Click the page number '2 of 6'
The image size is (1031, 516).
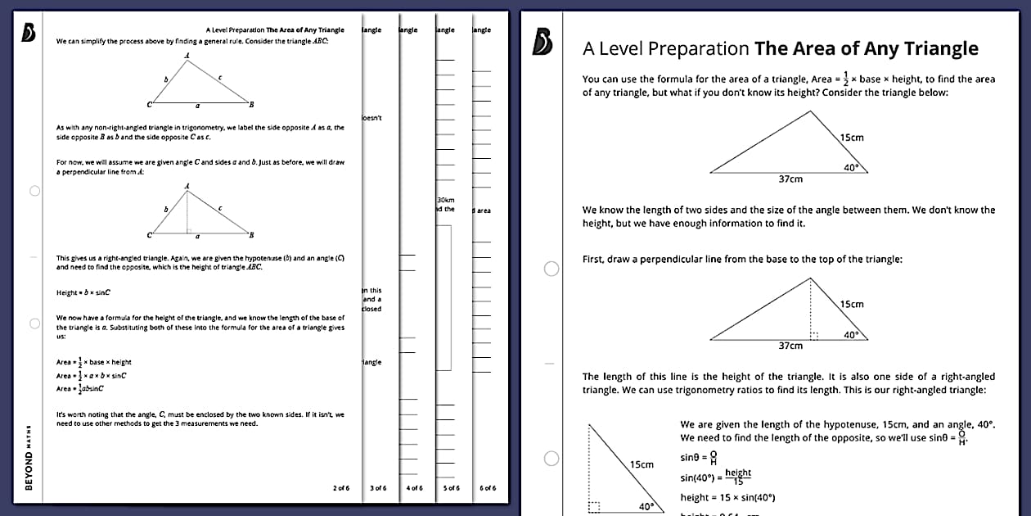(340, 487)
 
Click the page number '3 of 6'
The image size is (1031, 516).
(378, 487)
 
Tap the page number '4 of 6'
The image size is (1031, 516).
(415, 487)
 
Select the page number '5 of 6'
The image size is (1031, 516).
(451, 487)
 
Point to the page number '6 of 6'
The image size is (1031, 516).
(488, 487)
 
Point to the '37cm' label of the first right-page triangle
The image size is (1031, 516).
(790, 179)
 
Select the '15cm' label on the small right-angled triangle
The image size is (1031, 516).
(642, 464)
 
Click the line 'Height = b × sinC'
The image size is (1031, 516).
(83, 292)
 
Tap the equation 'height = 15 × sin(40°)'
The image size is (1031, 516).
(727, 497)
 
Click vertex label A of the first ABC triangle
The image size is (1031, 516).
(187, 56)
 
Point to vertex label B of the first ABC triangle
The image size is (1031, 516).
(251, 105)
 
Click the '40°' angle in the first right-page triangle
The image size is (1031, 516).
(851, 166)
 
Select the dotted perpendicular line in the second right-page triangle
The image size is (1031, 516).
(811, 308)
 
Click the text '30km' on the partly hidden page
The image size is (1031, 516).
(447, 200)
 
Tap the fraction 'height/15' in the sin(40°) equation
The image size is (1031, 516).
(737, 476)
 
